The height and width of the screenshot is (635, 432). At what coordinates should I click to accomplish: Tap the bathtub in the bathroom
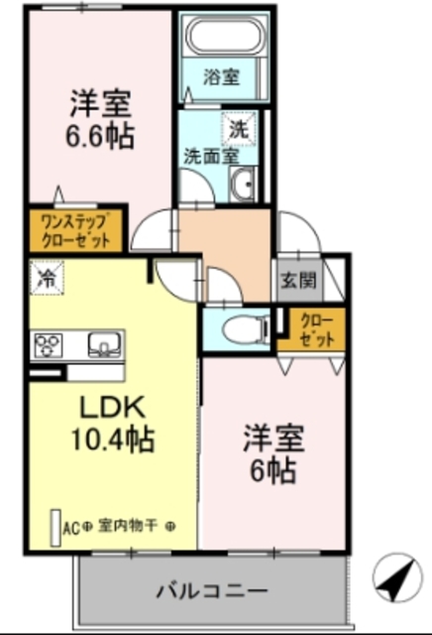click(226, 39)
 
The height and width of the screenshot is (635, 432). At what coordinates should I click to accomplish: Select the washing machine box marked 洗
click(239, 128)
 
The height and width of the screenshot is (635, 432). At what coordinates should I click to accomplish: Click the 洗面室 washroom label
click(209, 156)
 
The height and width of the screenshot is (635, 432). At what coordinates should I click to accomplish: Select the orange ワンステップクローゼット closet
click(75, 230)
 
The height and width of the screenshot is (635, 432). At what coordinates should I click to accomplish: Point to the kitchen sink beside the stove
click(102, 345)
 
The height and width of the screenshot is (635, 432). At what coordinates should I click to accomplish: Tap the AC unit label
click(71, 526)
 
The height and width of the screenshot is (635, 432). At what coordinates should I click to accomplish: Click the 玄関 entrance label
click(298, 280)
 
